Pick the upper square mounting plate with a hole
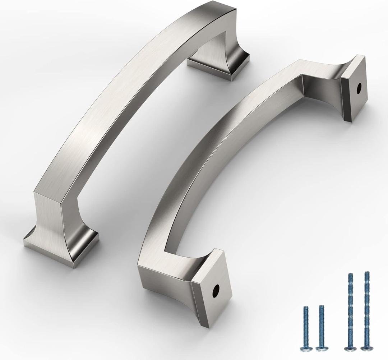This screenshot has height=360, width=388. coord(354,88)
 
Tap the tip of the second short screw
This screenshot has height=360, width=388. coord(322,307)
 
